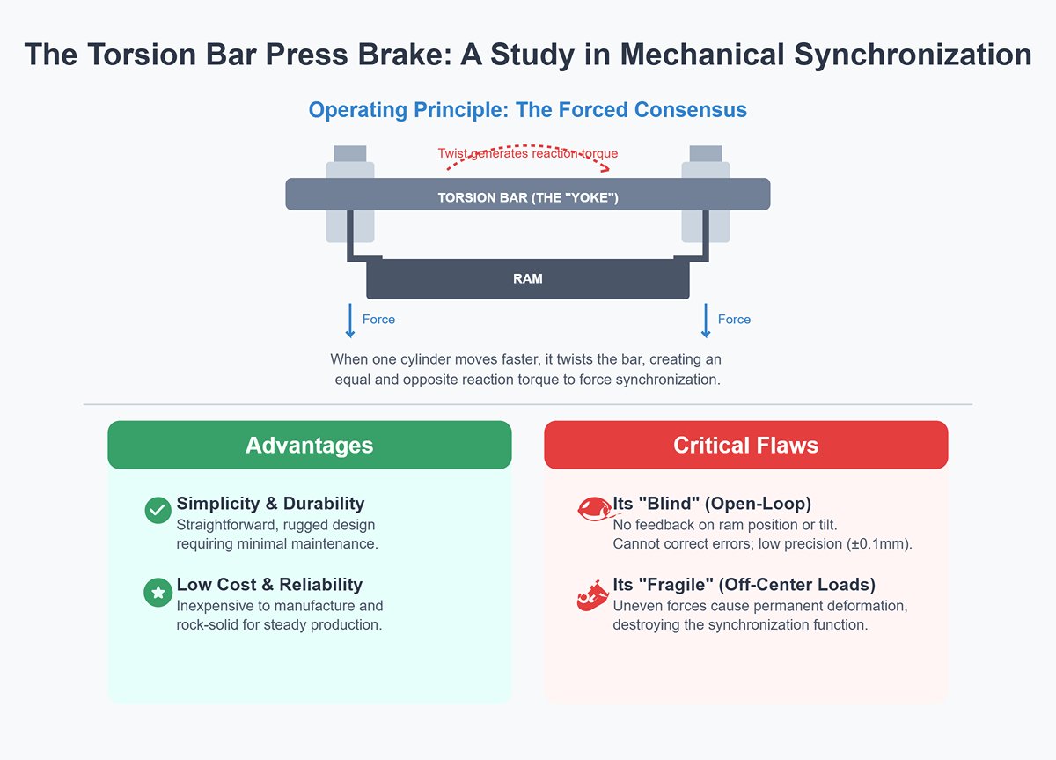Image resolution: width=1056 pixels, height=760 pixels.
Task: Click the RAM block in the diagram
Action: coord(528,279)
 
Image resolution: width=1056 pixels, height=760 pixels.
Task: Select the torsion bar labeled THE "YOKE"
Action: coord(528,195)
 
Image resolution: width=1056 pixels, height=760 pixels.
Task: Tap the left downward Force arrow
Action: coord(350,321)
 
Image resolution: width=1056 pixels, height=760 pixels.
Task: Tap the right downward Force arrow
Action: coord(705,321)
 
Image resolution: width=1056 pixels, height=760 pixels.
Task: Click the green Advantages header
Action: coord(309,446)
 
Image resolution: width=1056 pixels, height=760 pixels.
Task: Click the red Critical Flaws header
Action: coord(745,446)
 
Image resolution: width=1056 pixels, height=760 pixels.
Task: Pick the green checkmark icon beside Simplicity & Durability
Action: coord(158,510)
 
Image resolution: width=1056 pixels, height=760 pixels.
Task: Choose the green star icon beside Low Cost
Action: coord(158,593)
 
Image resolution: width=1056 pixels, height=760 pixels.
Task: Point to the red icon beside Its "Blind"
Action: coord(592,509)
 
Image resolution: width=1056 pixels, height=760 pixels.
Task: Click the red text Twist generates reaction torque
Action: coord(528,154)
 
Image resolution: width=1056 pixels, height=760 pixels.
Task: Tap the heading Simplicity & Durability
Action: coord(270,504)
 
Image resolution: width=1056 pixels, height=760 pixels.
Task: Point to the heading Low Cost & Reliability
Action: coord(269,585)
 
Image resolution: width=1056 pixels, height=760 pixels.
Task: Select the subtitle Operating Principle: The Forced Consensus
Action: coord(527,111)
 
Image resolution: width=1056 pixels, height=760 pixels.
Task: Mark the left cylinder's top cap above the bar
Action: coord(350,153)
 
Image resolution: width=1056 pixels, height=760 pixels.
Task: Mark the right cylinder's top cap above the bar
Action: coord(706,153)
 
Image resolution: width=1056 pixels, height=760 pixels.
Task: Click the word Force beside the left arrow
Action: coord(378,320)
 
